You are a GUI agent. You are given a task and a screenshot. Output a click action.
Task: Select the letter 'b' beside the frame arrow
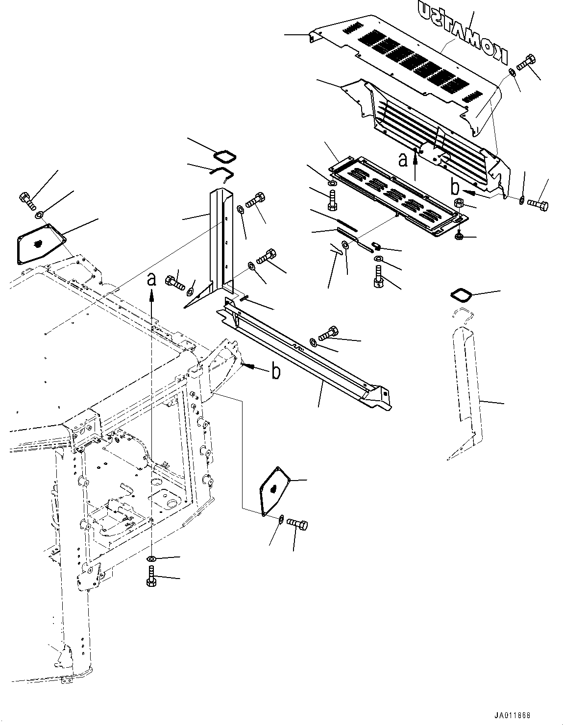[276, 372]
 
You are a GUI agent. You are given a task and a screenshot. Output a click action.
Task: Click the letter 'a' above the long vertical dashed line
[152, 279]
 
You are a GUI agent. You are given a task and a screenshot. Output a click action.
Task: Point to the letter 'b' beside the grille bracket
[454, 187]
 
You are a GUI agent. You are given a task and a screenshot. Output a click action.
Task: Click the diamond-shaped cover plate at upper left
[39, 244]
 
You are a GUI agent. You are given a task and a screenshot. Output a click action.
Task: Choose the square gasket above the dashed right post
[461, 296]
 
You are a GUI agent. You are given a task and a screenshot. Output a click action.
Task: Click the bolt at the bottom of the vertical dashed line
[151, 576]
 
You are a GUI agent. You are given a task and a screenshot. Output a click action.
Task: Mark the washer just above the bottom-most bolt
[151, 558]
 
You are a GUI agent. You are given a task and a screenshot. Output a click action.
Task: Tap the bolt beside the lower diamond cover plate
[297, 524]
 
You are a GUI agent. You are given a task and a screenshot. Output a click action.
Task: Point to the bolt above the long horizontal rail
[328, 334]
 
